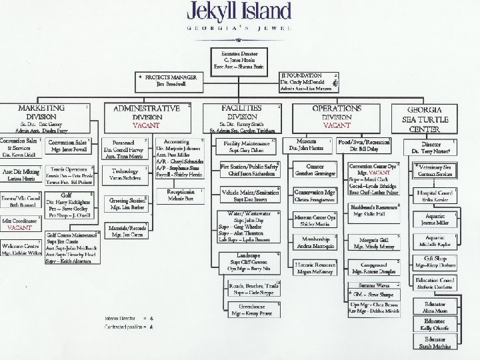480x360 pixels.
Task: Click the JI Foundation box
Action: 311,81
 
